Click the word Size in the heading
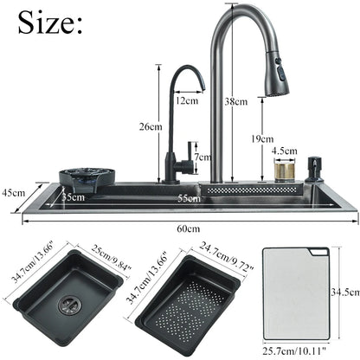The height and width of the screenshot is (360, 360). click(50, 23)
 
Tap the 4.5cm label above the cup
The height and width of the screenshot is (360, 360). click(284, 150)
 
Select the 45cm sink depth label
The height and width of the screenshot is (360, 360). click(12, 192)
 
